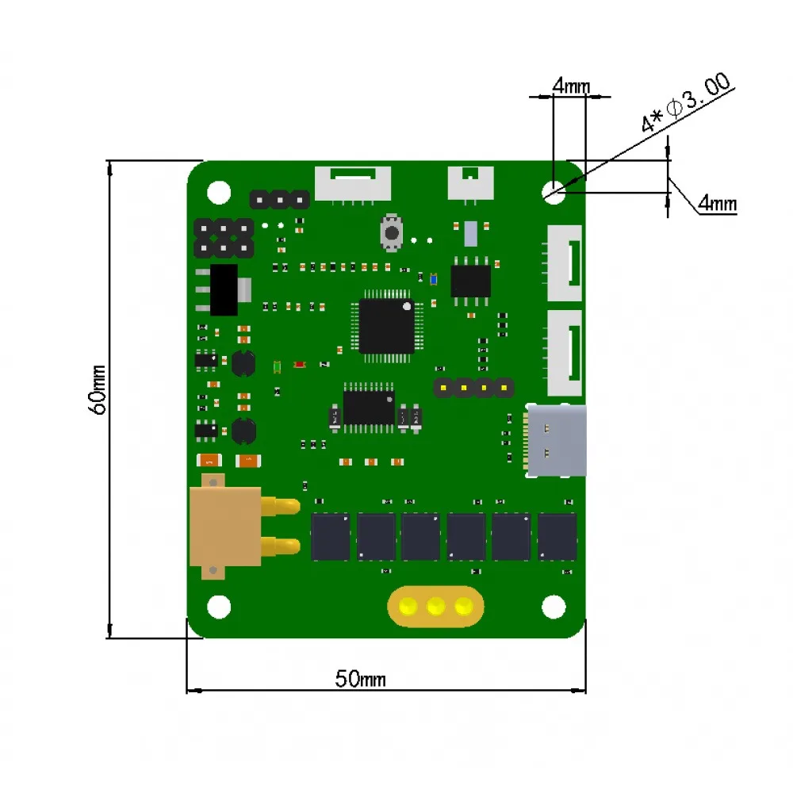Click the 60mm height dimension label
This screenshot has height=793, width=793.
point(98,389)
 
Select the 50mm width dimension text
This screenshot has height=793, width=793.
point(360,679)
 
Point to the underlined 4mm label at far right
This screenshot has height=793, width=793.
point(718,204)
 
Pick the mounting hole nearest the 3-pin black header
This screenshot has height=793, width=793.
point(218,191)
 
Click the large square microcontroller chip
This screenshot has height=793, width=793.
point(386,325)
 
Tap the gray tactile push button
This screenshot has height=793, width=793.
point(392,232)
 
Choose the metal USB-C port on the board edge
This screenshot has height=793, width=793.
point(557,441)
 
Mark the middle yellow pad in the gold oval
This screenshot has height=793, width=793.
point(435,607)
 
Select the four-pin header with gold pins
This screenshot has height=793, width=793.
point(473,388)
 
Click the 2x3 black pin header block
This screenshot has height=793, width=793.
point(224,238)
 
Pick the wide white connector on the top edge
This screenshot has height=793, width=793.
point(353,183)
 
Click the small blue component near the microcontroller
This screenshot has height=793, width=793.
point(433,278)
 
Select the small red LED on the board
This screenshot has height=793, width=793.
point(300,365)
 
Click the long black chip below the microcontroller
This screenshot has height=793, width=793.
point(369,406)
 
